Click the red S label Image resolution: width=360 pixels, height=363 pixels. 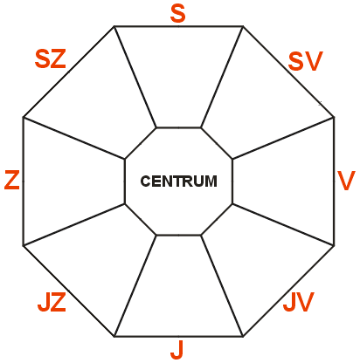pyautogui.click(x=177, y=13)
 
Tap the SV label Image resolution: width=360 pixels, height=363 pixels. pyautogui.click(x=306, y=61)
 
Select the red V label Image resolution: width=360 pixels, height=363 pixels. pyautogui.click(x=346, y=181)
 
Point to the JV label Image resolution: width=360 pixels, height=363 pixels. pyautogui.click(x=299, y=302)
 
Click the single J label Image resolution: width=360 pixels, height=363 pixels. pyautogui.click(x=177, y=349)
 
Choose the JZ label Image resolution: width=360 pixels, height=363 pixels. pyautogui.click(x=52, y=302)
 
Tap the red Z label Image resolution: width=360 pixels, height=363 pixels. pyautogui.click(x=12, y=181)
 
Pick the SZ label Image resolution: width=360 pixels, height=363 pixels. pyautogui.click(x=51, y=58)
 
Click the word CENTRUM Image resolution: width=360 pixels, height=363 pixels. pyautogui.click(x=179, y=181)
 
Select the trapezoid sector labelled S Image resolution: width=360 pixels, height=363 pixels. pyautogui.click(x=178, y=77)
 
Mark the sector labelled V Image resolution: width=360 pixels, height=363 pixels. pyautogui.click(x=283, y=181)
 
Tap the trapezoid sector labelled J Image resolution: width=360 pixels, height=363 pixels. pyautogui.click(x=178, y=285)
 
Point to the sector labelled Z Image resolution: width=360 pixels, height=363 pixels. pyautogui.click(x=74, y=181)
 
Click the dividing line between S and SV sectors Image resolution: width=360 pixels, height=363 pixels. pyautogui.click(x=222, y=77)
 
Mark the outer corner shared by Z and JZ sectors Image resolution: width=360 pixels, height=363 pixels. pyautogui.click(x=24, y=246)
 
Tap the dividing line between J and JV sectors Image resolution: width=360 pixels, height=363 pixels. pyautogui.click(x=222, y=285)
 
